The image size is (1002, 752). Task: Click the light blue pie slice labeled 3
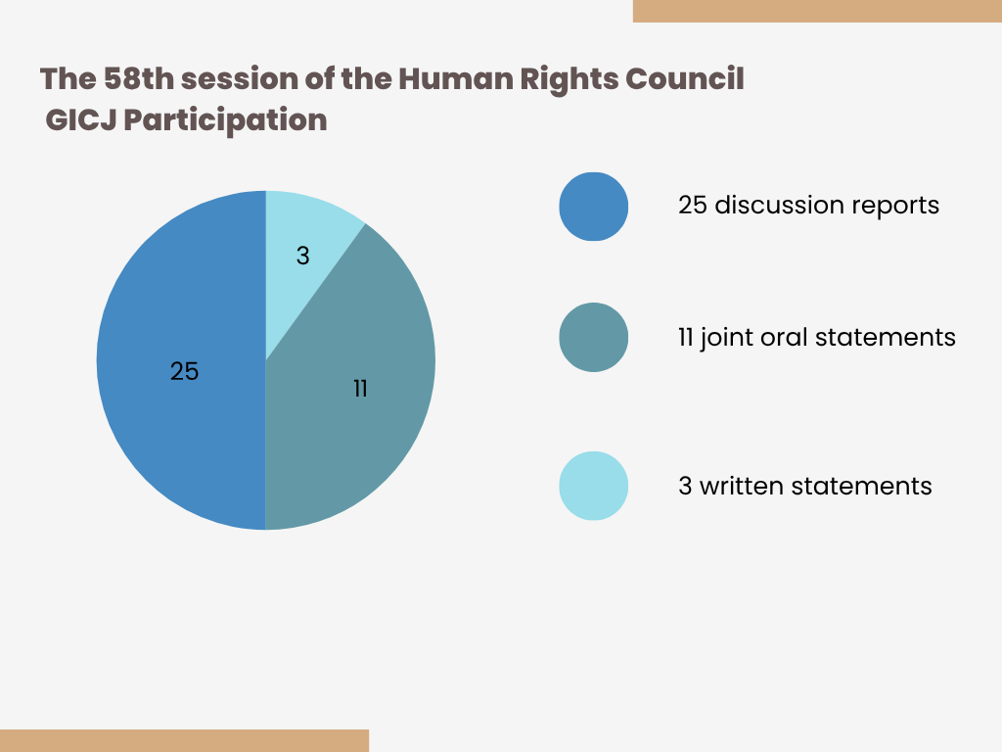click(305, 256)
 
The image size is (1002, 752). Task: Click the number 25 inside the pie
click(185, 371)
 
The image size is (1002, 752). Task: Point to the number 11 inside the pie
click(360, 389)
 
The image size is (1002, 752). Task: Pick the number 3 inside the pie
click(303, 256)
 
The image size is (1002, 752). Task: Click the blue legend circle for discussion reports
click(594, 207)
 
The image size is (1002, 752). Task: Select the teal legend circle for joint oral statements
click(594, 337)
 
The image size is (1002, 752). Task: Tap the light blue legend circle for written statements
click(594, 486)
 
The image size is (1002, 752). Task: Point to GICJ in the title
click(80, 119)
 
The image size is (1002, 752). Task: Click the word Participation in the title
click(225, 120)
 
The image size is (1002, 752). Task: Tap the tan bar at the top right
click(817, 11)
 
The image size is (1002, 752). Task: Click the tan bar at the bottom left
click(184, 740)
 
